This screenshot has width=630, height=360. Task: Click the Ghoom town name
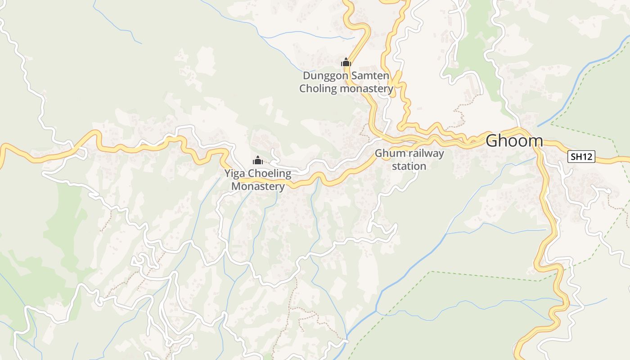click(x=514, y=141)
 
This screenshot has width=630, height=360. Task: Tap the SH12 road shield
click(x=581, y=157)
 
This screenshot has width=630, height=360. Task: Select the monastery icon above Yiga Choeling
click(x=257, y=160)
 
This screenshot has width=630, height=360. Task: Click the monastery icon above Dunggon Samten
click(x=346, y=62)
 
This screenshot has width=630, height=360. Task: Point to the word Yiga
click(x=234, y=174)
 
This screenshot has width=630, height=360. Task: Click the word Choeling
click(x=270, y=174)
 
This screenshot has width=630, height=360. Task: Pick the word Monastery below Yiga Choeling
click(x=258, y=186)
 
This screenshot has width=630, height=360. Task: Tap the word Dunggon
click(x=325, y=76)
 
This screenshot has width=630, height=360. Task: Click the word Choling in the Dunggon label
click(x=318, y=88)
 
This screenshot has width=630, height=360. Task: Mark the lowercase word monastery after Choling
click(x=366, y=88)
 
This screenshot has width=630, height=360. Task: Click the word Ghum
click(x=390, y=153)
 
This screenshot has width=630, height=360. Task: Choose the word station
click(x=409, y=166)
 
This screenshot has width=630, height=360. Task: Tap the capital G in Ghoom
click(x=492, y=141)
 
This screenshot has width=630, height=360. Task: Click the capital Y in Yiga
click(x=227, y=174)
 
